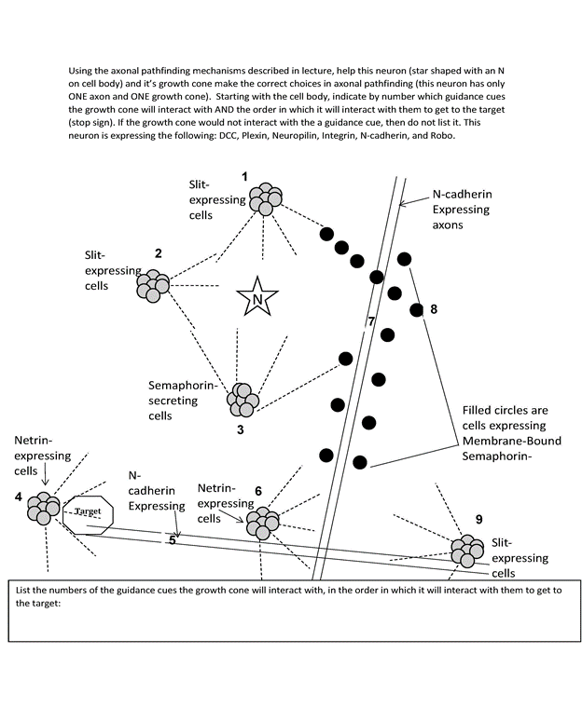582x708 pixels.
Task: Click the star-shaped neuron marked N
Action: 255,298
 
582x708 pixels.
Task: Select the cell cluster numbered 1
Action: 261,198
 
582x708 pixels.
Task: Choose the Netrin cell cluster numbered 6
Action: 261,524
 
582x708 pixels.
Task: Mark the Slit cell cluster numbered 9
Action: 465,550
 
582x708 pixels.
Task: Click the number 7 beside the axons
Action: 370,322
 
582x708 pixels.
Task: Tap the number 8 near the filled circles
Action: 432,309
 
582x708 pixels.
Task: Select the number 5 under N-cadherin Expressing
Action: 173,539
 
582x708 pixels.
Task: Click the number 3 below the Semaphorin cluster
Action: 240,430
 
